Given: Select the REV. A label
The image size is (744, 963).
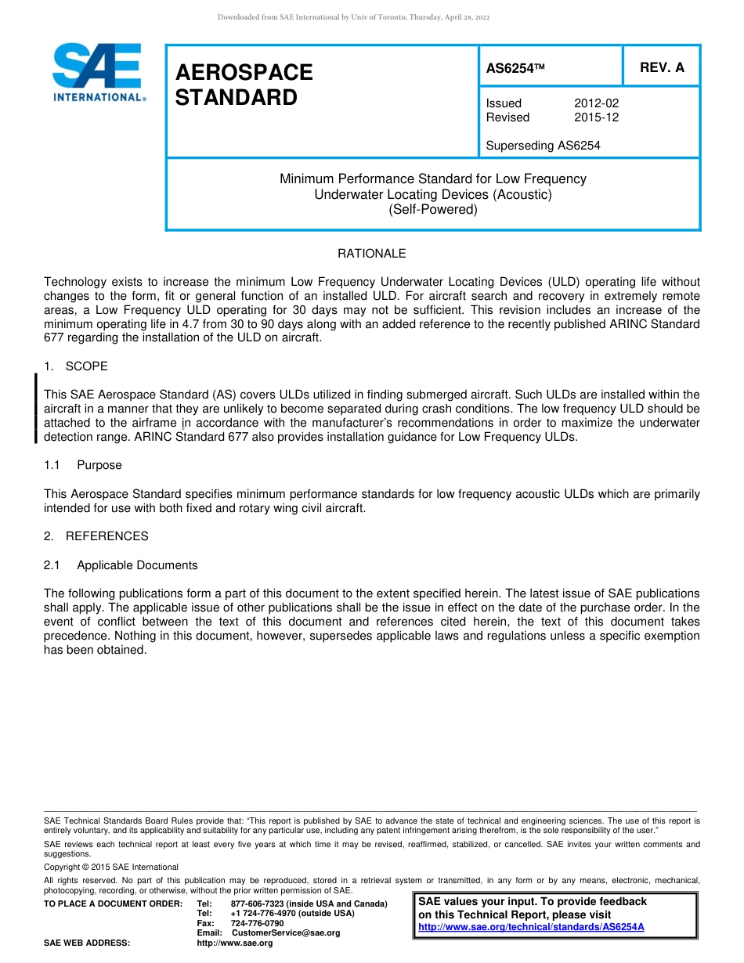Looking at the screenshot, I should coord(662,68).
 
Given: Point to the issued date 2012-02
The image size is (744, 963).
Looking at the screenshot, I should coord(596,103).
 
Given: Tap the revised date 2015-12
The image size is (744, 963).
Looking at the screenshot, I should coord(596,117).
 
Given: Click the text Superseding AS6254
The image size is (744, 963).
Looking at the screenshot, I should coord(543,146).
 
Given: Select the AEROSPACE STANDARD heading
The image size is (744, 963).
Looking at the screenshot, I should coord(244,85).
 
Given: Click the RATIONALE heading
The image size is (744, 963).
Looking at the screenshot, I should coord(371,254).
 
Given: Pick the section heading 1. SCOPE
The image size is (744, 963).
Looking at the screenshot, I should coord(76,366).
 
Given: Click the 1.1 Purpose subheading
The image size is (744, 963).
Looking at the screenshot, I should coord(83,465).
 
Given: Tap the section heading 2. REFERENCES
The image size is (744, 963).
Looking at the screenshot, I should coord(96,536).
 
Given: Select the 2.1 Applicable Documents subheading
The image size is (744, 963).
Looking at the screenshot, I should coord(121,565).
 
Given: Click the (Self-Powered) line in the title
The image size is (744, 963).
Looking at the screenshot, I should coord(432,210).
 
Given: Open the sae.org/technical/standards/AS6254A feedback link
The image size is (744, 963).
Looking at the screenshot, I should coord(531,927).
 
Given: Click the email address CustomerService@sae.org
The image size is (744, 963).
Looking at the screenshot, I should coord(286,933).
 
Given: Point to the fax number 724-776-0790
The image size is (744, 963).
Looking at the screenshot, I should coord(257,924).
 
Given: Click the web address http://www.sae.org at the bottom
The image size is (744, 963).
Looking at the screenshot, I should coord(235,943).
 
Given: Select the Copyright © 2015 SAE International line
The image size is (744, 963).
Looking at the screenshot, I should coord(111,867).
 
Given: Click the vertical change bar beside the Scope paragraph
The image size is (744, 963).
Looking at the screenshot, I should coord(36,409).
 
